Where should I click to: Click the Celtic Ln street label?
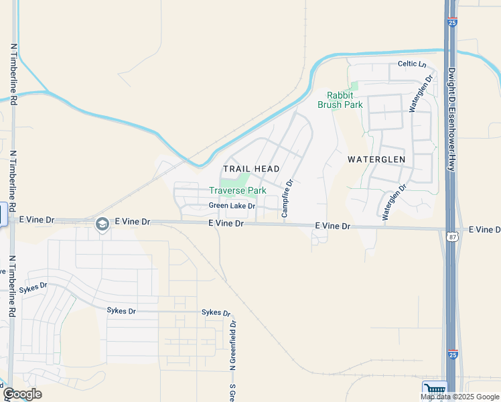[412, 64]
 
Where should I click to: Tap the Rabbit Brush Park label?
[344, 100]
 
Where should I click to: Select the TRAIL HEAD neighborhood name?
[251, 169]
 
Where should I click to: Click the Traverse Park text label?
[238, 191]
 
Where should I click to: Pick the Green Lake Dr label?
[232, 206]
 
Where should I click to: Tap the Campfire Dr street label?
[287, 198]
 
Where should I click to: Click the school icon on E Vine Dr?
[102, 224]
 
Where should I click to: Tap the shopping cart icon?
[435, 390]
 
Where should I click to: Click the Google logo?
[22, 394]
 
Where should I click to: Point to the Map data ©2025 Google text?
[460, 397]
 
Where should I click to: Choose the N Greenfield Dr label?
[233, 346]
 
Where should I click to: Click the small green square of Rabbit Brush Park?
[354, 85]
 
